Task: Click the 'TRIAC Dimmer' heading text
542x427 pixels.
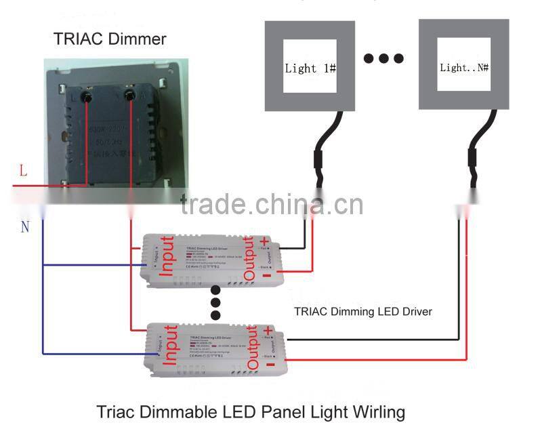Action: coord(110,39)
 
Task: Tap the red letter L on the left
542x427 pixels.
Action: coord(23,171)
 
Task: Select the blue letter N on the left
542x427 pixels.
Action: coord(24,226)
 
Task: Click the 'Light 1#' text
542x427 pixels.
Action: coord(310,68)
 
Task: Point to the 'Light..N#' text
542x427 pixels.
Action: coord(465,68)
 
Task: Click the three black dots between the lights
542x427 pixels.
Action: coord(383,59)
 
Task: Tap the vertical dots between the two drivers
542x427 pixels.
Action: coord(215,302)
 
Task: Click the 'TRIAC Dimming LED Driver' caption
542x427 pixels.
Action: coord(362,312)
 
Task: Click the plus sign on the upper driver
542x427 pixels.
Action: coord(265,242)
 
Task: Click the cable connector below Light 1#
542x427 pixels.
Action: coord(317,163)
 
